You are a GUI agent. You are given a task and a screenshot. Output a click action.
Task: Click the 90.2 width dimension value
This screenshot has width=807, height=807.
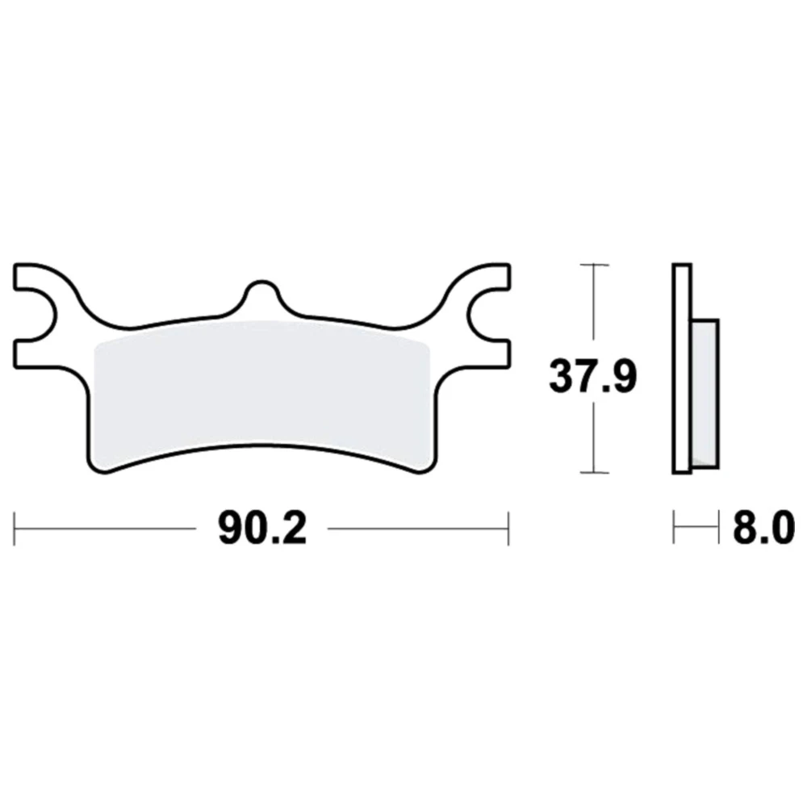pos(262,529)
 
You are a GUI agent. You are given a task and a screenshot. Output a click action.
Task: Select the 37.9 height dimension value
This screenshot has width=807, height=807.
pos(593,377)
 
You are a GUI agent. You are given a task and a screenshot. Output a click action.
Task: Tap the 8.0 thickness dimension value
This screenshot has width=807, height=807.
pos(763,529)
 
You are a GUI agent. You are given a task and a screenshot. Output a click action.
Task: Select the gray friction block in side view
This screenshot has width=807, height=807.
pos(705,394)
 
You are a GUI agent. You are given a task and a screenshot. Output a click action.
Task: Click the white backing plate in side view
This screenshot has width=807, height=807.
pos(681,369)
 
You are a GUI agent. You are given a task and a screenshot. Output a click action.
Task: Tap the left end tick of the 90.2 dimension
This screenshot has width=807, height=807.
pos(15,529)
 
